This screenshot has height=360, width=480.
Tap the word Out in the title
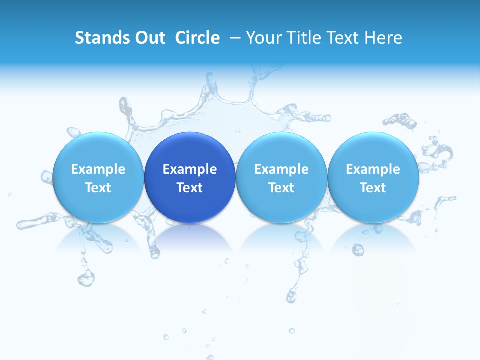[x=148, y=38]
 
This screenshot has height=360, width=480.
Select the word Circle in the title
[x=197, y=38]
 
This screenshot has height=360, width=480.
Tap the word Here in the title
[x=384, y=38]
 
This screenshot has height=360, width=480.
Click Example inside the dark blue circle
[x=190, y=169]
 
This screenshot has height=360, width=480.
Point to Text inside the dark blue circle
[x=190, y=188]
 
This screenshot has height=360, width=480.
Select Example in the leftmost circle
[x=98, y=169]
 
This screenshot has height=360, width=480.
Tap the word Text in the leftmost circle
[x=98, y=188]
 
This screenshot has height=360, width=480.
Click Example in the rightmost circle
[x=373, y=169]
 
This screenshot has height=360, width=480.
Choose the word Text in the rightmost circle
[x=373, y=188]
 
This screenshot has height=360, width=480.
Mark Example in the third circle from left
[x=281, y=169]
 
